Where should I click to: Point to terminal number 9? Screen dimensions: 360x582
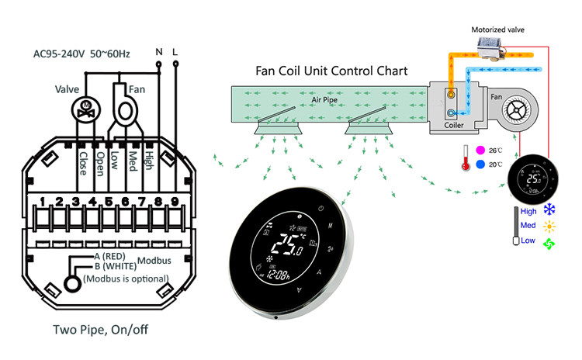point(175,202)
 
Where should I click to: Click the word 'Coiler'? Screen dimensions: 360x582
point(454,124)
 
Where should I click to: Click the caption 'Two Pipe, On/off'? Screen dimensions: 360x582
point(100,328)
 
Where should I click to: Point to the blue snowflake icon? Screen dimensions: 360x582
point(550,209)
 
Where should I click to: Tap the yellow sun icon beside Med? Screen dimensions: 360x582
point(550,226)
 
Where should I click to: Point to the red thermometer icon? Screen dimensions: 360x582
point(464,157)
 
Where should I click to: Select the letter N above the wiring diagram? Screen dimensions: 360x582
point(159,53)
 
